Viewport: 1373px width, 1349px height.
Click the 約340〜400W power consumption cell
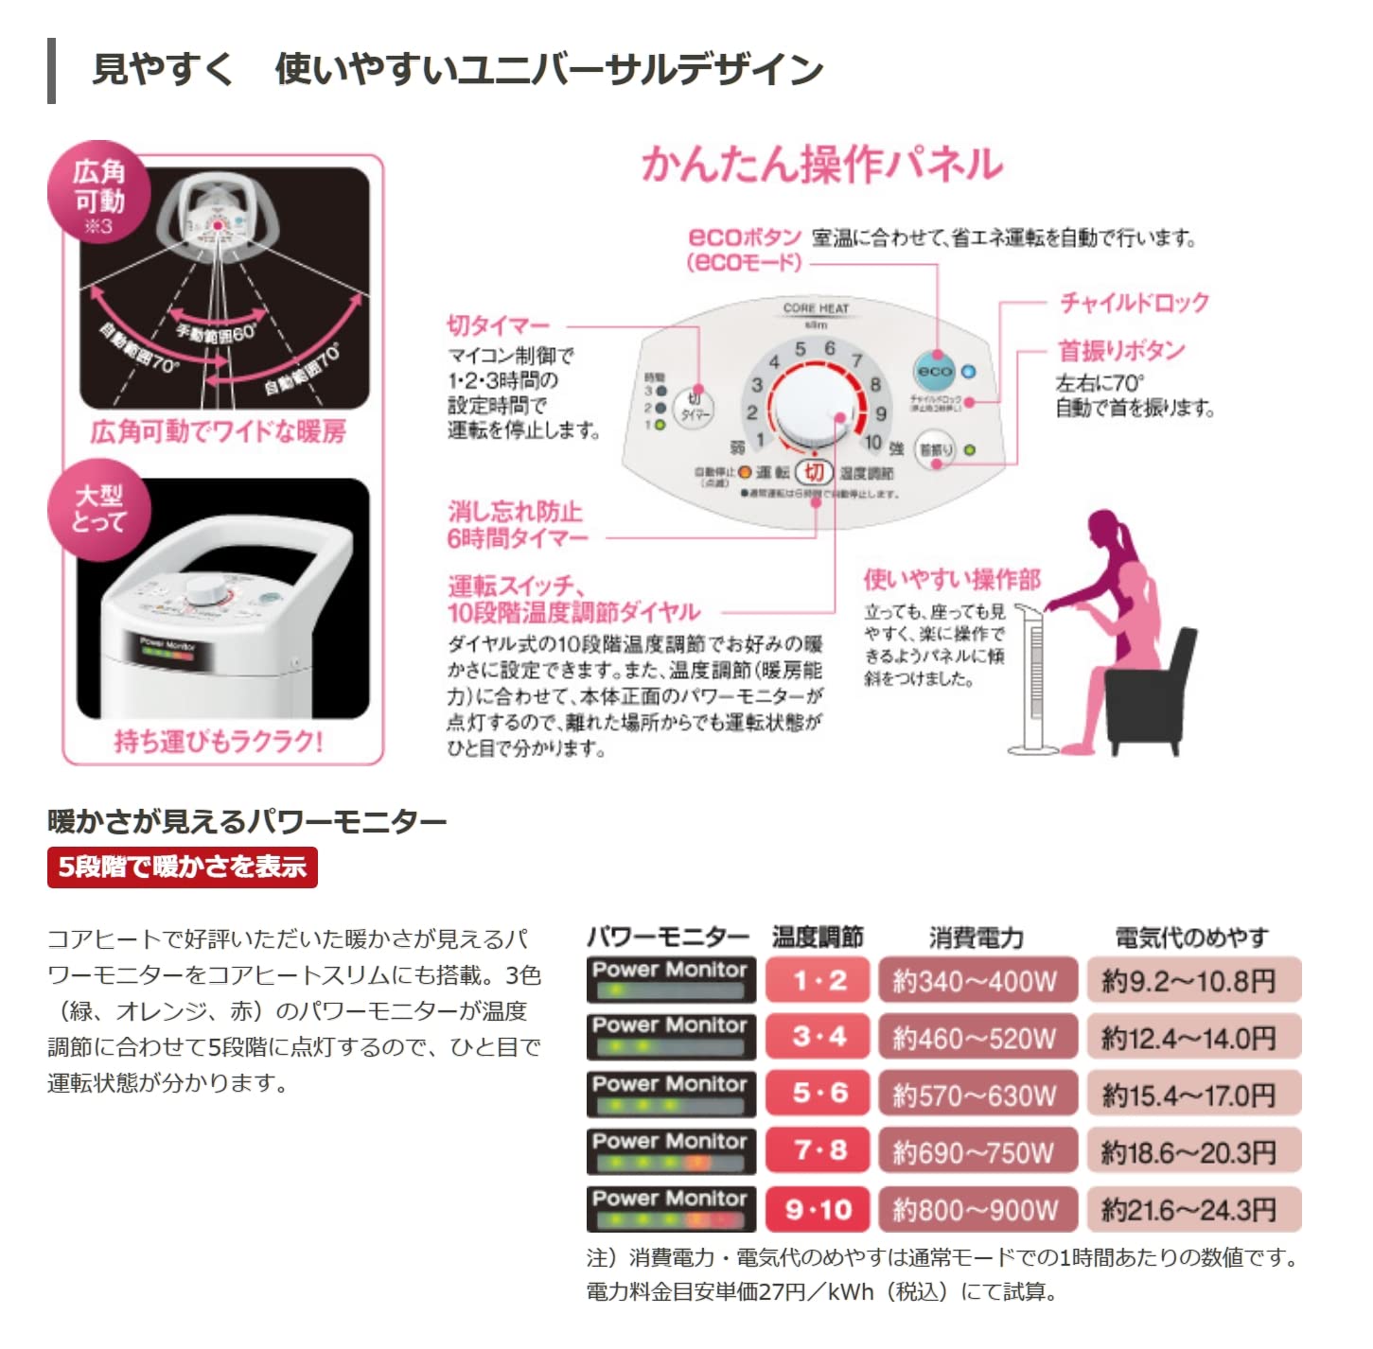(x=977, y=981)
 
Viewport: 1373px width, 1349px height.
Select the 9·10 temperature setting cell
(x=818, y=1209)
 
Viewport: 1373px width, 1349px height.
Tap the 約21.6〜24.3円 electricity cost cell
(x=1192, y=1209)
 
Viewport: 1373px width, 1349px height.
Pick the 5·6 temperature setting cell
(x=818, y=1094)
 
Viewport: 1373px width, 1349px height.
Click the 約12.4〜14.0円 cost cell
(x=1192, y=1038)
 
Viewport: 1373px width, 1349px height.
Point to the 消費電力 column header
(x=977, y=937)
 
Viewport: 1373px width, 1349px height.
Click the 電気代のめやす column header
(x=1191, y=937)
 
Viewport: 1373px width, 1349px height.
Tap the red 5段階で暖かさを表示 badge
(x=183, y=867)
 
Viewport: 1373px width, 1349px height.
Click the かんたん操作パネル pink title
(x=821, y=164)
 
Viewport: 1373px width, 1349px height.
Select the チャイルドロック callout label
(x=1134, y=303)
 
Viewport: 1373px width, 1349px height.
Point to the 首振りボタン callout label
(x=1120, y=351)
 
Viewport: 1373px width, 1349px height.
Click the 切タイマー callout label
(x=498, y=325)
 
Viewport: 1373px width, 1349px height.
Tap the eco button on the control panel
(x=934, y=372)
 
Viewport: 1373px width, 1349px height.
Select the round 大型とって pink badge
(x=99, y=509)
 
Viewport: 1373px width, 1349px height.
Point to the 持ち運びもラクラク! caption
(x=219, y=741)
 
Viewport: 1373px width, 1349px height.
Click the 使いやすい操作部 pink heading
(x=951, y=579)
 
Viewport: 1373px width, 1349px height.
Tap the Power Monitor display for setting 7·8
(x=670, y=1151)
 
